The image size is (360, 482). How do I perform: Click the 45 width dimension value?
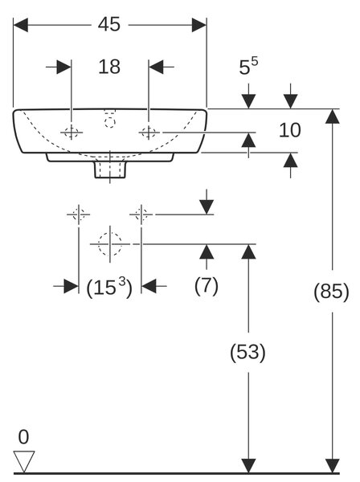pyautogui.click(x=109, y=24)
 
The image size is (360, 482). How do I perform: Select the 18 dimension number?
pyautogui.click(x=109, y=67)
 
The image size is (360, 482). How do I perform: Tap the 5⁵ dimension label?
pyautogui.click(x=248, y=66)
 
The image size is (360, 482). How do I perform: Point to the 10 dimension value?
pyautogui.click(x=289, y=130)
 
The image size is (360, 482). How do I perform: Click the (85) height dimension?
pyautogui.click(x=331, y=291)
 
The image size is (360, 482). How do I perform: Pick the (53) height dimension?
pyautogui.click(x=247, y=352)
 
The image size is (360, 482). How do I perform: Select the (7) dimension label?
pyautogui.click(x=207, y=285)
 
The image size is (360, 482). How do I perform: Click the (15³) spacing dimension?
pyautogui.click(x=109, y=287)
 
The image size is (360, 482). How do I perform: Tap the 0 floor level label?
pyautogui.click(x=23, y=437)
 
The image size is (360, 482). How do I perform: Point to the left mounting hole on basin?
pyautogui.click(x=72, y=133)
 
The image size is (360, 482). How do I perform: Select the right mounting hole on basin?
pyautogui.click(x=149, y=133)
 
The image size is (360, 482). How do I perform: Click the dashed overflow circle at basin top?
pyautogui.click(x=109, y=123)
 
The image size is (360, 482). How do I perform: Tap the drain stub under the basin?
pyautogui.click(x=110, y=169)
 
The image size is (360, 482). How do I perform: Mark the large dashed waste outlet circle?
pyautogui.click(x=110, y=244)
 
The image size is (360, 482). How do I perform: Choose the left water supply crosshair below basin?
pyautogui.click(x=79, y=214)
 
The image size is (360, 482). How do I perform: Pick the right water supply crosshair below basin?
pyautogui.click(x=141, y=214)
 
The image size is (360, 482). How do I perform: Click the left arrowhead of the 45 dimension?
pyautogui.click(x=20, y=25)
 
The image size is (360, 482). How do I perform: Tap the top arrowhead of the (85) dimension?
pyautogui.click(x=333, y=116)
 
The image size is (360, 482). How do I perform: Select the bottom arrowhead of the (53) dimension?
pyautogui.click(x=248, y=466)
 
